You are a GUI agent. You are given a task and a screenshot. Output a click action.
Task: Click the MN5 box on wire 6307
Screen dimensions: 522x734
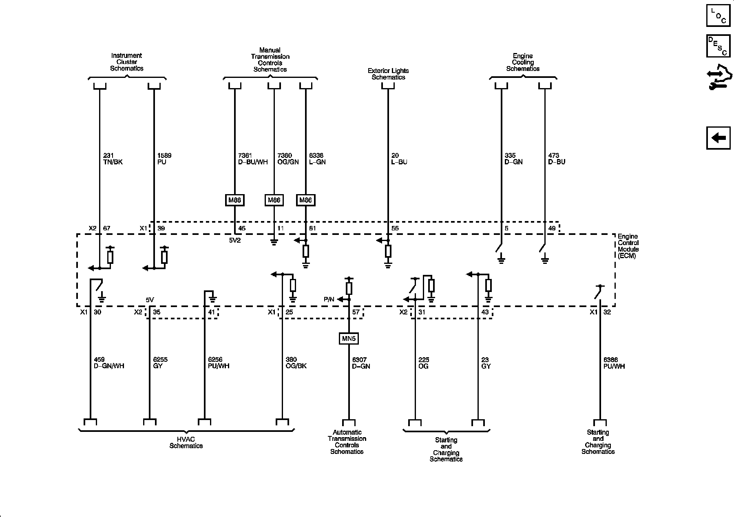coord(349,338)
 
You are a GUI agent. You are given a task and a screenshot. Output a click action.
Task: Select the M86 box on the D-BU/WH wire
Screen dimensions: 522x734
coord(234,200)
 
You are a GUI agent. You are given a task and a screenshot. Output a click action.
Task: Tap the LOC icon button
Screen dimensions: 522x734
coord(718,15)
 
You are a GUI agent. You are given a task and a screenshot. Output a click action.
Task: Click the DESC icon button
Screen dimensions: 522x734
coord(718,46)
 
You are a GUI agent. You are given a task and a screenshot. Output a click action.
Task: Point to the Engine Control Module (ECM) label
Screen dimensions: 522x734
coord(628,246)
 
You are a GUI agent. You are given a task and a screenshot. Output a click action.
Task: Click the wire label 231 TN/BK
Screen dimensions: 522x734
coord(113,159)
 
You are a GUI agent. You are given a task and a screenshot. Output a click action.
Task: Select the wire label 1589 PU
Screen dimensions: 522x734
coord(164,159)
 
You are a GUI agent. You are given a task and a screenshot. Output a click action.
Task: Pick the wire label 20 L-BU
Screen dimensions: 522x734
coord(399,159)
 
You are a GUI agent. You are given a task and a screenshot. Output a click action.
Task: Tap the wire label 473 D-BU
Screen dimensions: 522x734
coord(557,159)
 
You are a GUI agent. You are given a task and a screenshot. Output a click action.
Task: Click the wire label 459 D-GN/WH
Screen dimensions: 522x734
coord(109,363)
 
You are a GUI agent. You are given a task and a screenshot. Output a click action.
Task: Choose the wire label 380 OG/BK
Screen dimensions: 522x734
coord(296,363)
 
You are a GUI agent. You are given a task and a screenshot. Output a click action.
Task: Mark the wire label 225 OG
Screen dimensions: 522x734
coord(424,363)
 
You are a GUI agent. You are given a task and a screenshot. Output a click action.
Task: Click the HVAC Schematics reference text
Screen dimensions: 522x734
coord(186,442)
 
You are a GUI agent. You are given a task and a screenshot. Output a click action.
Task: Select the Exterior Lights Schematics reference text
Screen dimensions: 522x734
coord(388,74)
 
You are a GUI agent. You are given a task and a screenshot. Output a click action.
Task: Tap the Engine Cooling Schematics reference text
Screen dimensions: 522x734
coord(523,62)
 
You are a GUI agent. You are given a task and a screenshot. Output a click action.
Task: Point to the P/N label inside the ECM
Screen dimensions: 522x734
coord(329,299)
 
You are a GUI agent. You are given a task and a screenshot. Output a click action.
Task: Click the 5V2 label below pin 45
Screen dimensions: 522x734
coord(234,240)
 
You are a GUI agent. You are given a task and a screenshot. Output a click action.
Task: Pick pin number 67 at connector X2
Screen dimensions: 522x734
coord(106,228)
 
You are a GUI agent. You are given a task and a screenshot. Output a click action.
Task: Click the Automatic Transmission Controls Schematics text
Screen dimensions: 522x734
coord(347,442)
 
